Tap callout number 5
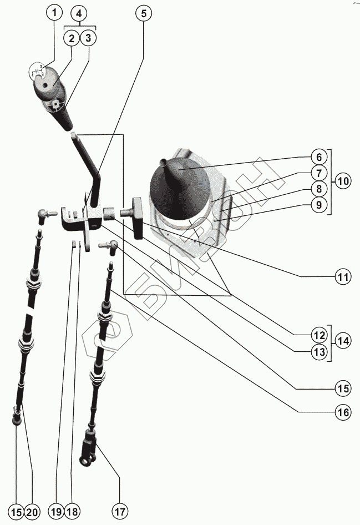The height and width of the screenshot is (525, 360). point(143,14)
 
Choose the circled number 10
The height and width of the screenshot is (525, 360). point(343,181)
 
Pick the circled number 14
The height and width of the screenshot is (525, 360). point(343,341)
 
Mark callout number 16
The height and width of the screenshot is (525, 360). point(343,412)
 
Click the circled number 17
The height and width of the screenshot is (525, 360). point(120,511)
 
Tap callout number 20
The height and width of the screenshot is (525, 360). point(32,511)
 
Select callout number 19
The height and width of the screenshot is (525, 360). point(55,511)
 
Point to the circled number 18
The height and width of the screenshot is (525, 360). point(72,511)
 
